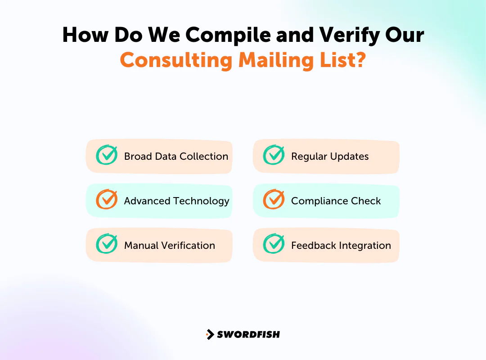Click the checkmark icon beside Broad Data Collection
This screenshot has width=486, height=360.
[x=107, y=155]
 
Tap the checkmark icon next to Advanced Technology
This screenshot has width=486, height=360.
[x=107, y=200]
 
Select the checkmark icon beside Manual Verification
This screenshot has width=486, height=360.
[x=107, y=244]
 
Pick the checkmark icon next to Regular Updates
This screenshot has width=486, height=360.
[x=274, y=155]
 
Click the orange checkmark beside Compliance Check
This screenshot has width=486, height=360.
[x=274, y=200]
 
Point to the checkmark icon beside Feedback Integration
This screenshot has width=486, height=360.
[x=274, y=244]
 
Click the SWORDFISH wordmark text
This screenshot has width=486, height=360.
[x=248, y=334]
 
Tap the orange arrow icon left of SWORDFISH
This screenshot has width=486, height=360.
[x=210, y=334]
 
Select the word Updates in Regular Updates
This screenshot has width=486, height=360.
[x=349, y=157]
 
